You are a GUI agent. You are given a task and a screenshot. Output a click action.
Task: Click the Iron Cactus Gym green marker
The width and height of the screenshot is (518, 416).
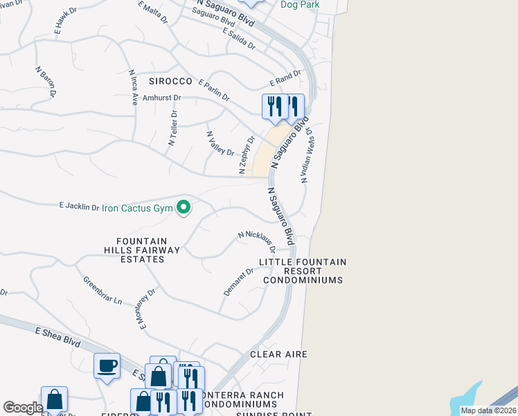[x=184, y=207]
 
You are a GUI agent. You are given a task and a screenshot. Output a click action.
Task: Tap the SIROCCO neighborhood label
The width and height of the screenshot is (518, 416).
[x=170, y=81]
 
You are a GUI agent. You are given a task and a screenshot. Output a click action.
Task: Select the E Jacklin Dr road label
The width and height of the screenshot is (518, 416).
[x=79, y=206]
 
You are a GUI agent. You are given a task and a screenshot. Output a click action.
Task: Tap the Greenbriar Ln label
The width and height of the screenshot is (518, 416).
[x=102, y=291]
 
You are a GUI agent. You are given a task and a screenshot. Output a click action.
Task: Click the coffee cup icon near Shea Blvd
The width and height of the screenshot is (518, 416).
[x=107, y=365]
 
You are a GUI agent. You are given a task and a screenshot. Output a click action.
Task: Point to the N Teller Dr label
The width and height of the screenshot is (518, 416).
[x=172, y=128]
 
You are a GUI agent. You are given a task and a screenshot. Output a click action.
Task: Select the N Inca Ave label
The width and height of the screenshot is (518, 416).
[x=132, y=87]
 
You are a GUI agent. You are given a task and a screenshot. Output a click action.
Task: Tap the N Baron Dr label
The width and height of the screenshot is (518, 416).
[x=45, y=81]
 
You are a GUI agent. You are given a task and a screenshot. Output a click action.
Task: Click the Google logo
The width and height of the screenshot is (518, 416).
[x=23, y=408]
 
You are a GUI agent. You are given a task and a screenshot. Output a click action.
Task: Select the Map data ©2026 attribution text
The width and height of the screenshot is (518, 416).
[x=488, y=410]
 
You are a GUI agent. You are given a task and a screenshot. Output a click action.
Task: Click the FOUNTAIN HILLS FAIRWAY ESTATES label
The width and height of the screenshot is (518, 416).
[x=143, y=250]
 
